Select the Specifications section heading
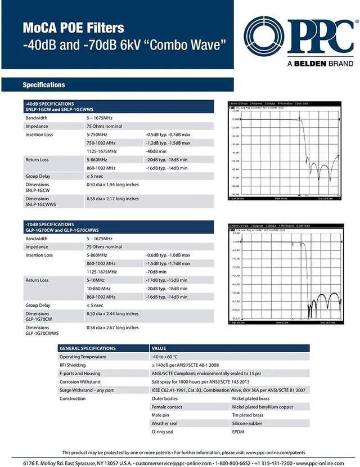pyautogui.click(x=44, y=85)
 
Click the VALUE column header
pyautogui.click(x=159, y=349)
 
